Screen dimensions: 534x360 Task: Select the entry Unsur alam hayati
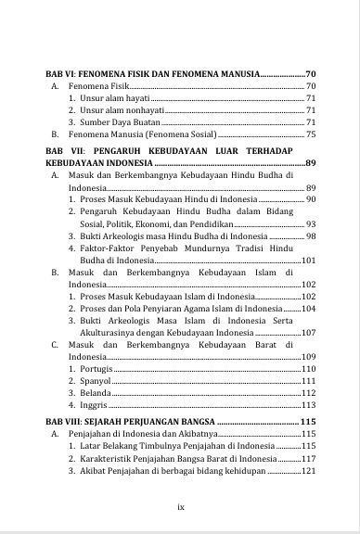pos(113,97)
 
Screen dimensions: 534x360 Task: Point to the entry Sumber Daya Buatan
pos(119,121)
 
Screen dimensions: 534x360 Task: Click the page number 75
pos(311,134)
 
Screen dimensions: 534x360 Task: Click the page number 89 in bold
pos(310,163)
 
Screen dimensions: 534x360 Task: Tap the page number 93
pos(311,223)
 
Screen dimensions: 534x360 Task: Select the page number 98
pos(311,236)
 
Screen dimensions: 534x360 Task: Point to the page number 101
pos(309,261)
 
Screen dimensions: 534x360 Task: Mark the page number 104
pos(309,308)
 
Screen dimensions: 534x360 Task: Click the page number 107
pos(309,332)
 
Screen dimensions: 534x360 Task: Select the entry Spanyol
pos(95,381)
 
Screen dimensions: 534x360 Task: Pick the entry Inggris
pos(94,405)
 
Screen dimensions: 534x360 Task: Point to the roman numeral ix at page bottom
pos(180,506)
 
